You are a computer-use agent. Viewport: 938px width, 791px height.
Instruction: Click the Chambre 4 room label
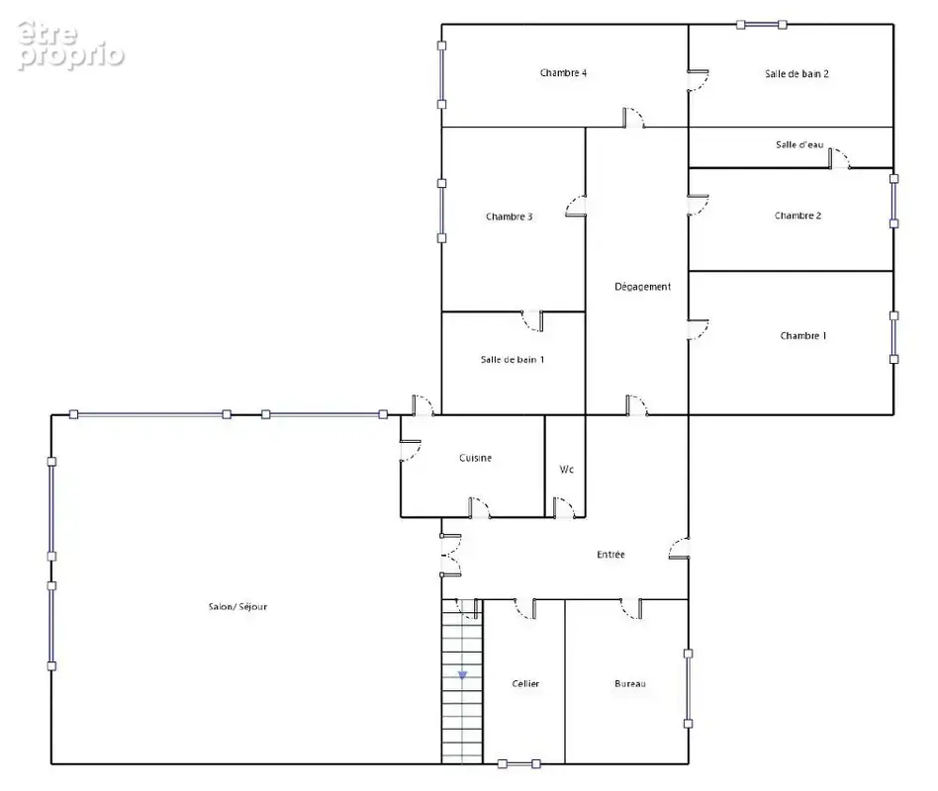pos(563,73)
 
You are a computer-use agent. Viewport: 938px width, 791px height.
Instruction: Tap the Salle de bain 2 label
pos(797,74)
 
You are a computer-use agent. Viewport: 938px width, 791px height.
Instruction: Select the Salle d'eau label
pos(799,144)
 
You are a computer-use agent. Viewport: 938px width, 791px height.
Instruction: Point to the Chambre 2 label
pos(798,216)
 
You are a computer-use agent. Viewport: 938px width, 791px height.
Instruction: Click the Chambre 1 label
pos(803,336)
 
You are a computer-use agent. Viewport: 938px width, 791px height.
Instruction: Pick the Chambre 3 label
pos(510,218)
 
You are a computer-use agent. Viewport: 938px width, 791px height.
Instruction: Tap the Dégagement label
pos(643,287)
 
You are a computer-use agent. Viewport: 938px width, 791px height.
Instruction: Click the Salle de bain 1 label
pos(513,360)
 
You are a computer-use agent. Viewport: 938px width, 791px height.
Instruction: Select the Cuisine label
pos(476,458)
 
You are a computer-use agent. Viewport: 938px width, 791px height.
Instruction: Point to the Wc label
pos(567,470)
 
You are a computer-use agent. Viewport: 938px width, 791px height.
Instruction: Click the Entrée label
pos(610,555)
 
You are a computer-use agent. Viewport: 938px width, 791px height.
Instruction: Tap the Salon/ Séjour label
pos(238,607)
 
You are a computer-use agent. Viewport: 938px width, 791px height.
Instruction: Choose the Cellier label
pos(525,684)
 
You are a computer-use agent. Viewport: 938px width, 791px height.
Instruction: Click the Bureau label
pos(630,684)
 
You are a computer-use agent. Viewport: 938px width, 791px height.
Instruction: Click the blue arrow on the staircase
pos(462,675)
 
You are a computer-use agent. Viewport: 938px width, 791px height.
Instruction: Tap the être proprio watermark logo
pos(70,45)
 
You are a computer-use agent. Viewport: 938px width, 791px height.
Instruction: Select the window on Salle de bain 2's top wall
pos(762,25)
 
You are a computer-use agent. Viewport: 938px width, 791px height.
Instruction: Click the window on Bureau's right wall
pos(688,689)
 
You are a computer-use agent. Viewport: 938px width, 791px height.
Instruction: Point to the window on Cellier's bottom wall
pos(519,764)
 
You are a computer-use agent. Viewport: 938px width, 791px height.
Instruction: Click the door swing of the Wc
pos(564,507)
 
